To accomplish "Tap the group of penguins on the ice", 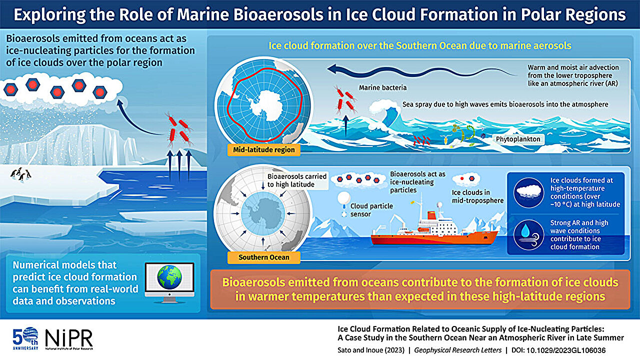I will [20, 174].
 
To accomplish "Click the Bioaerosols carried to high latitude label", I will [297, 180].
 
